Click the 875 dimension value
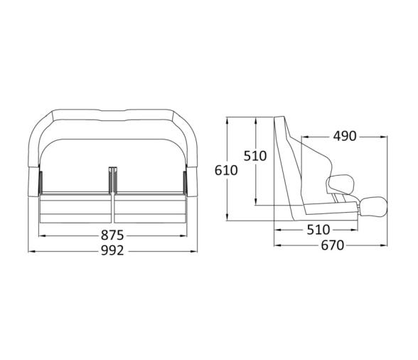tap(112, 235)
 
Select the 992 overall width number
tap(112, 250)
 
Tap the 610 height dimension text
tap(226, 170)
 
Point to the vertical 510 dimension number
tap(255, 156)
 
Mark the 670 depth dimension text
tap(331, 245)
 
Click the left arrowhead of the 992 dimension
tap(31, 250)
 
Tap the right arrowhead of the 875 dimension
tap(183, 235)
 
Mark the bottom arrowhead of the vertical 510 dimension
tap(255, 203)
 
